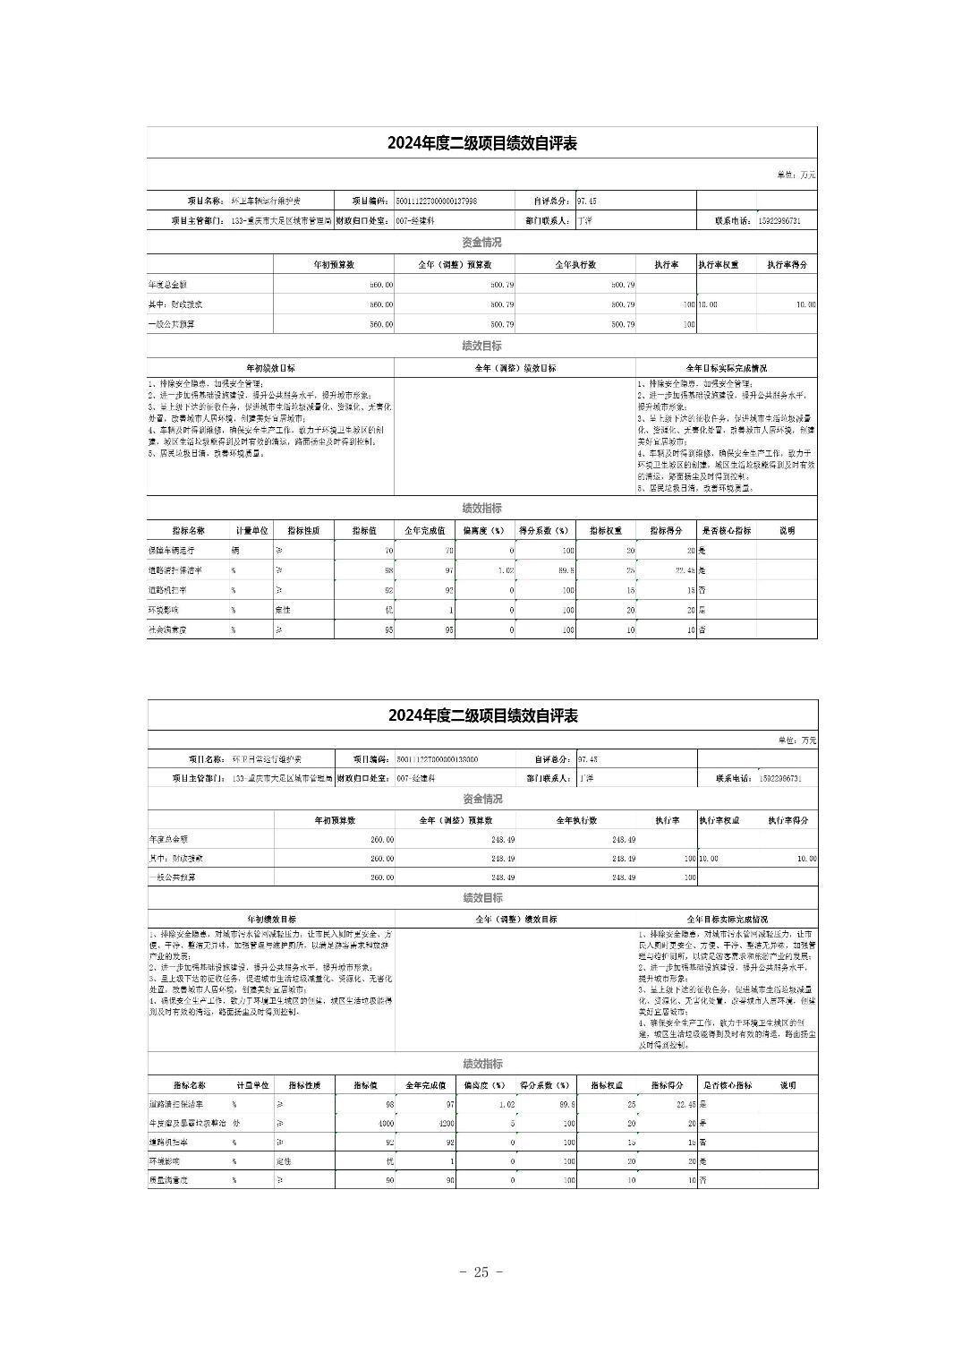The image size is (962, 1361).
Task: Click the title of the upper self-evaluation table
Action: pos(481,144)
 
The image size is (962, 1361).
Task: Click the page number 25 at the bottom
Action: pos(481,1272)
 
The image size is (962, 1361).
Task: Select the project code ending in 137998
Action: pos(437,201)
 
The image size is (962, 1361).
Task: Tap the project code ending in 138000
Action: pos(437,759)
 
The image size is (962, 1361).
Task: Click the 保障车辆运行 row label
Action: pos(171,551)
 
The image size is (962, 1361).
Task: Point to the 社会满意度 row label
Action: pos(168,629)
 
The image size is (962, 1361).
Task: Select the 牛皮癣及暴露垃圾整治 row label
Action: pos(187,1123)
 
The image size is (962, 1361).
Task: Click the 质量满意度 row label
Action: pos(168,1181)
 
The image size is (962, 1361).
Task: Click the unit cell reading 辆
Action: pos(235,551)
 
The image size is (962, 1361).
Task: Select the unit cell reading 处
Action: pos(236,1123)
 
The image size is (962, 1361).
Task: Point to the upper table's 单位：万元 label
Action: pos(796,175)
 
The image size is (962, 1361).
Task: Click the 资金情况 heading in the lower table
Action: pos(482,799)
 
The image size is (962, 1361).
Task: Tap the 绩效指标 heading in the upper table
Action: pos(481,509)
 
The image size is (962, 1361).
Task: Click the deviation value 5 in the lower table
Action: pos(511,1123)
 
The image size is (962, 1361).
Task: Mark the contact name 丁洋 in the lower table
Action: pos(586,779)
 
